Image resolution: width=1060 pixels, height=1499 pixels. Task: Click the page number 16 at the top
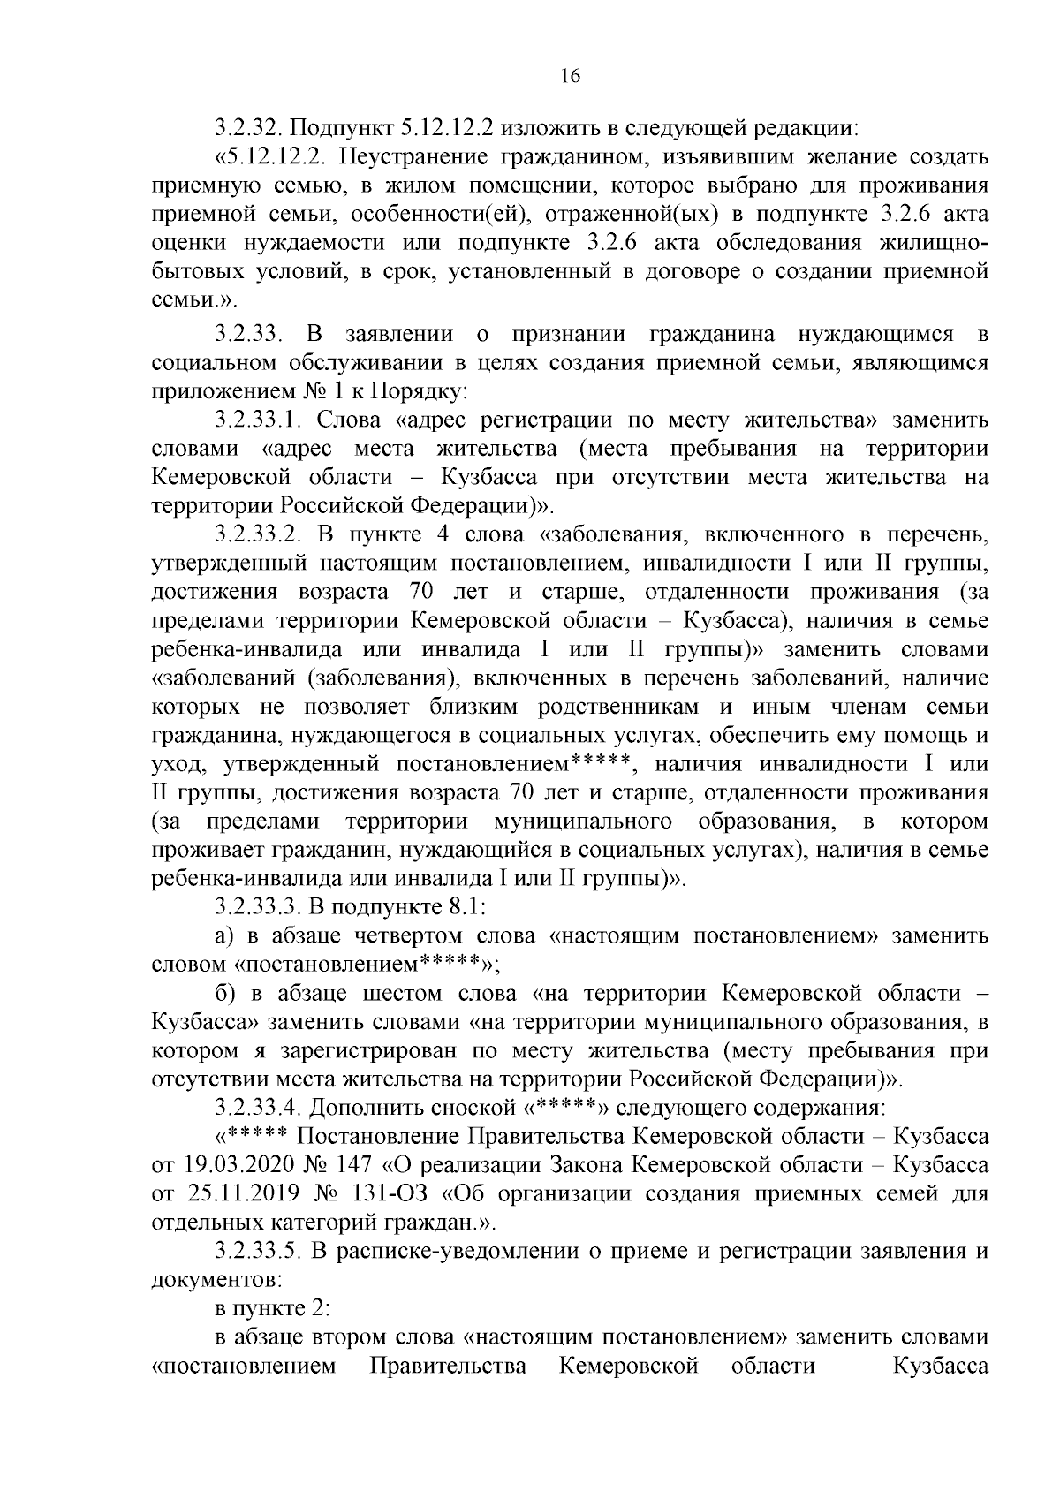[x=570, y=77]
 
